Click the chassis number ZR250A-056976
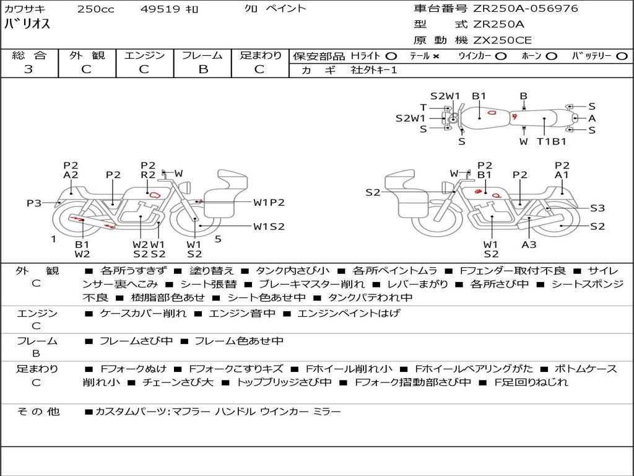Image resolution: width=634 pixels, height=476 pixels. [x=526, y=9]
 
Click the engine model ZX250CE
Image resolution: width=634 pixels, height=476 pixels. [x=502, y=41]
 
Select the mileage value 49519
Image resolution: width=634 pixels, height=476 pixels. [x=160, y=9]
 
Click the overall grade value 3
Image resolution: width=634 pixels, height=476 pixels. [x=28, y=69]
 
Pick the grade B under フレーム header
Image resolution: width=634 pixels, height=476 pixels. [x=202, y=69]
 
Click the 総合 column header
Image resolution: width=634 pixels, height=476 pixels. [x=28, y=56]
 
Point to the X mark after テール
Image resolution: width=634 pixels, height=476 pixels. [x=436, y=56]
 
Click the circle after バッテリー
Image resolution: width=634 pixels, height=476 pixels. [x=622, y=56]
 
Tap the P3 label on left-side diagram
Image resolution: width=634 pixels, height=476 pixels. [x=34, y=203]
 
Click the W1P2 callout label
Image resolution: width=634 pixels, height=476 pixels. [x=269, y=202]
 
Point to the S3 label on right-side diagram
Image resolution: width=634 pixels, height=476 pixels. [x=597, y=208]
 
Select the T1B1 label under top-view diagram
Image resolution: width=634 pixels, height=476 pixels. [x=552, y=141]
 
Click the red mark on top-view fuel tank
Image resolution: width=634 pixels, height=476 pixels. [x=492, y=112]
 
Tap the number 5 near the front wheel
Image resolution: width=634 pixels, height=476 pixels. [x=218, y=239]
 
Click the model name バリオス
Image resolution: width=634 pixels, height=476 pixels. [x=27, y=25]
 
